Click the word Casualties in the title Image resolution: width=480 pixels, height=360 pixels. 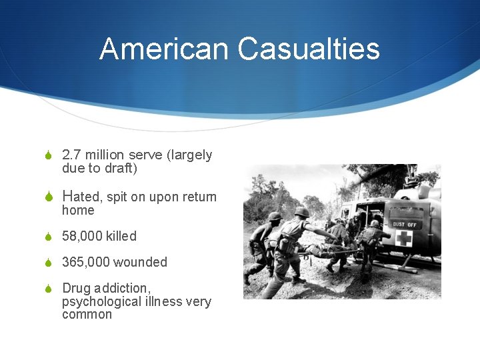pos(308,49)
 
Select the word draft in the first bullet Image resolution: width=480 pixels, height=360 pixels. pos(121,168)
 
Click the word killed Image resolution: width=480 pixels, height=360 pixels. pos(121,236)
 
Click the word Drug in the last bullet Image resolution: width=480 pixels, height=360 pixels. pos(75,288)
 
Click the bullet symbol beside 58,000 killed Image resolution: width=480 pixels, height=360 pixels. pos(48,237)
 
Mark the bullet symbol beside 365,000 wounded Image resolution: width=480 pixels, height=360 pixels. pos(48,263)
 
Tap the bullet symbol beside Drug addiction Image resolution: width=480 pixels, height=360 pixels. pos(48,289)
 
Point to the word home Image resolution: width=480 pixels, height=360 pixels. pos(78,210)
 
